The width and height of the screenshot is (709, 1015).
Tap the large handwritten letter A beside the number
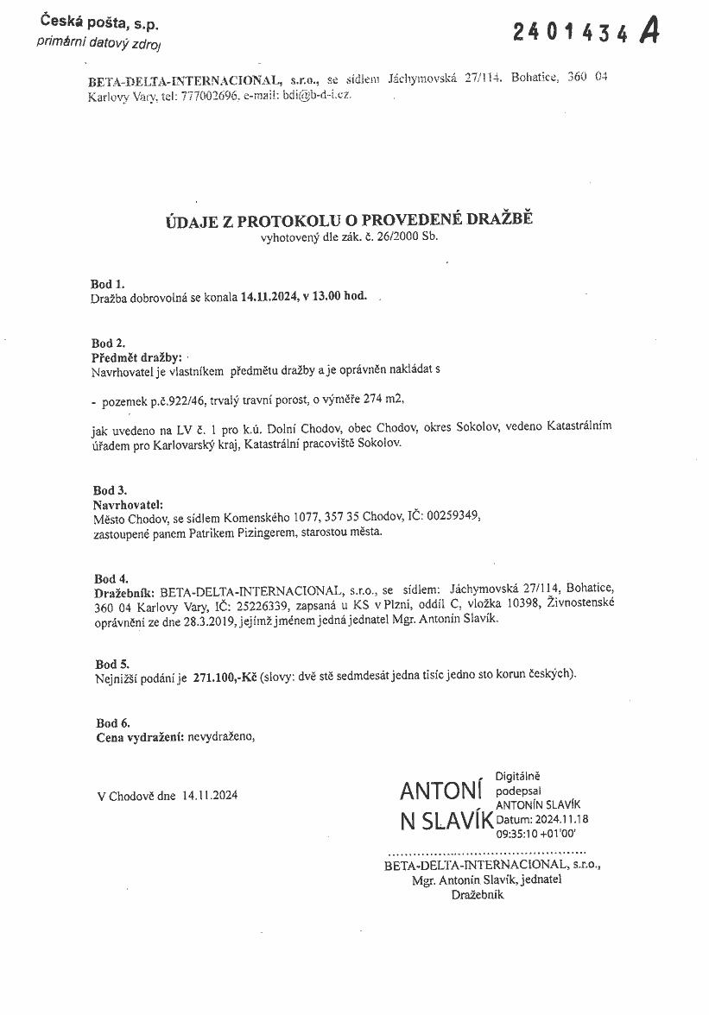pos(649,31)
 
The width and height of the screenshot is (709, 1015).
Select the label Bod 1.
pos(107,282)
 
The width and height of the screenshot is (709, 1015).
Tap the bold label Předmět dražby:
pos(136,356)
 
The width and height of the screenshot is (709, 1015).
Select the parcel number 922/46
pos(171,400)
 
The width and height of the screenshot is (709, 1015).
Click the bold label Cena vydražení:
pos(139,738)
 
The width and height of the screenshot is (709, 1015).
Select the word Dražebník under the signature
pos(477,895)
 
